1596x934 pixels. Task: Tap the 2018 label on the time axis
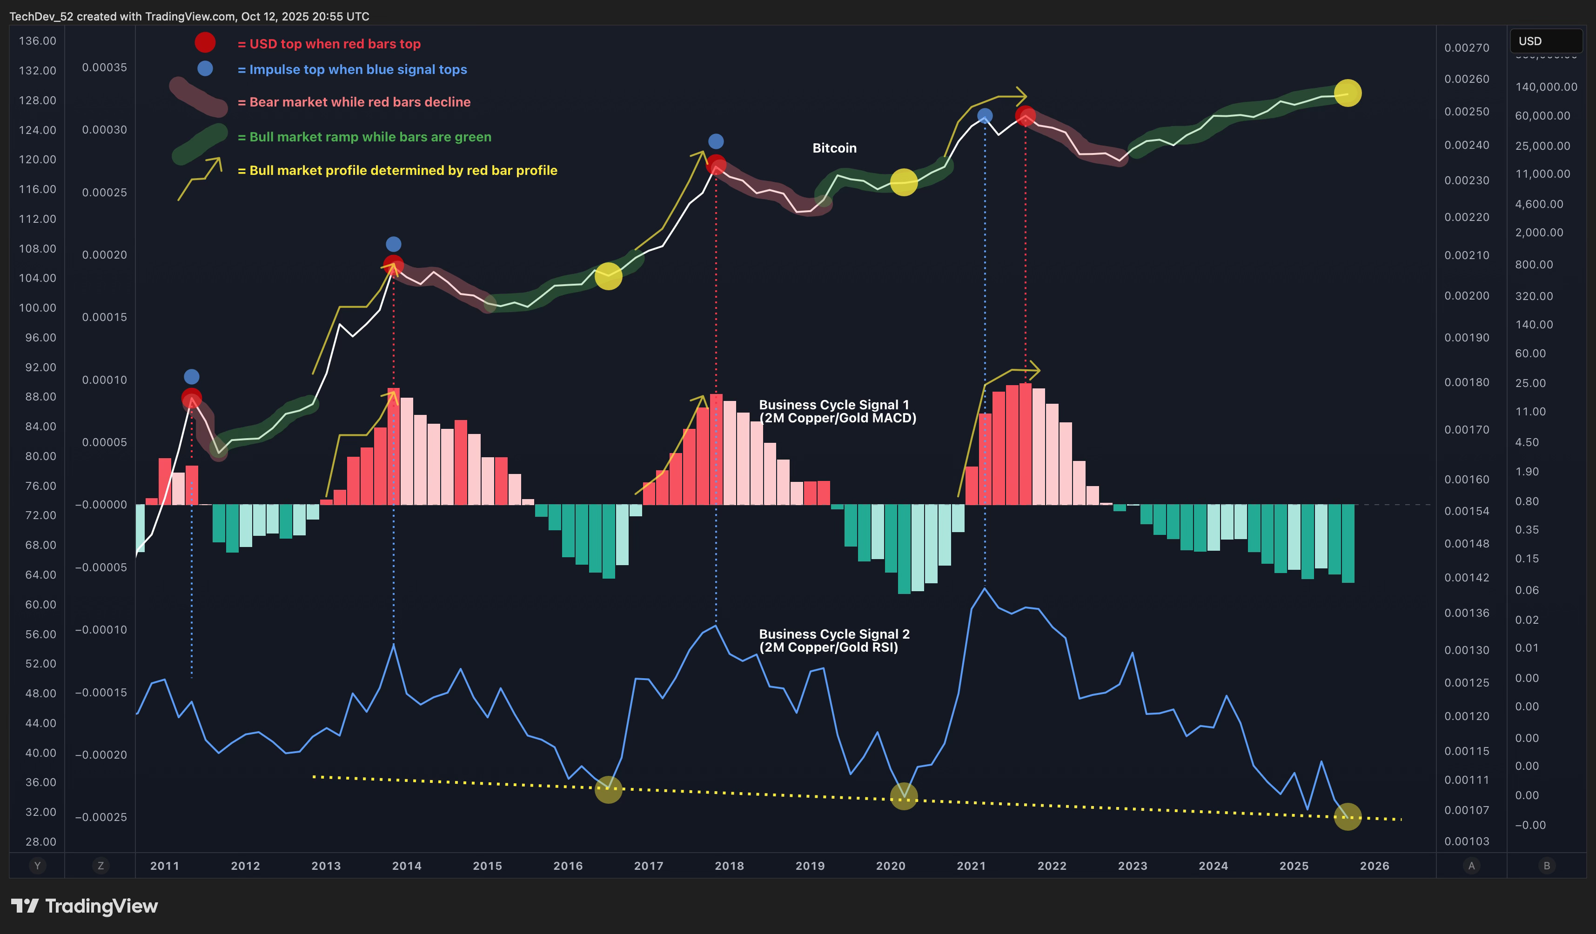point(729,866)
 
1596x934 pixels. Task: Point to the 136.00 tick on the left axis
point(37,41)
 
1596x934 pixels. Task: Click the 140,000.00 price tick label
point(1545,87)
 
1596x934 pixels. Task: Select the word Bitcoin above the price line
point(834,148)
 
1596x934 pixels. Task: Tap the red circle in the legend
point(205,42)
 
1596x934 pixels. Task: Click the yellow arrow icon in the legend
point(200,179)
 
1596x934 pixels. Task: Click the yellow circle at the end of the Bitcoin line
point(1347,93)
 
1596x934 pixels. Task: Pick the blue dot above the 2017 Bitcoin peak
point(716,141)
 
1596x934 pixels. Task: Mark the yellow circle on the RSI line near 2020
point(903,796)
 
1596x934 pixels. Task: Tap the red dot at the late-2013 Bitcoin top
point(393,265)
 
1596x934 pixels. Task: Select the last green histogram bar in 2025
point(1348,543)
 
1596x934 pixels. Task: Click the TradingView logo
point(84,906)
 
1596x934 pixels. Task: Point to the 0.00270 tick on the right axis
point(1466,48)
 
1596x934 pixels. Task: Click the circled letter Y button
point(37,866)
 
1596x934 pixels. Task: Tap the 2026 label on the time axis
point(1375,866)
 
